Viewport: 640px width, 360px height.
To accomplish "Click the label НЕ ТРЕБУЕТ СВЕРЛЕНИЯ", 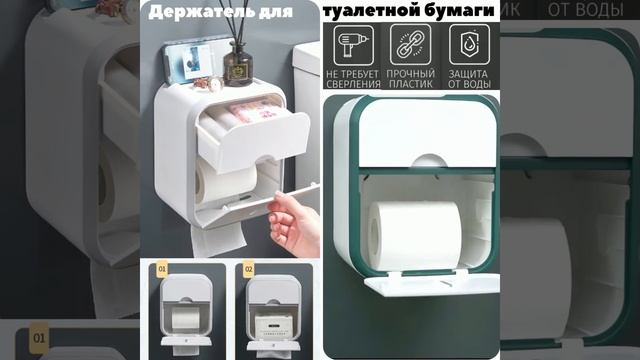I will tap(353, 79).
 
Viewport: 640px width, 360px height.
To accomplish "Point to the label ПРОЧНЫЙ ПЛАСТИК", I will tap(410, 79).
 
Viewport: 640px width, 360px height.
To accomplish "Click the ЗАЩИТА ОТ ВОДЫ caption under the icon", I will tap(468, 79).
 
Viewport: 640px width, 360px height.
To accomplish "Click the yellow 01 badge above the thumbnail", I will tap(163, 269).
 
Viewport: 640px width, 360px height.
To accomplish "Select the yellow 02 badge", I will tap(248, 269).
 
